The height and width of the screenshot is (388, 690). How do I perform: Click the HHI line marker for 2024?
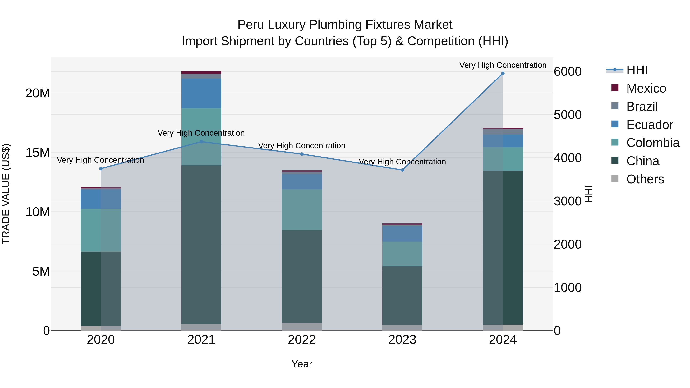point(503,73)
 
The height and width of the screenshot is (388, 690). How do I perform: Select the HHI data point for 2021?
point(201,142)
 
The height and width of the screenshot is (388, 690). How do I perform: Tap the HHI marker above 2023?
point(402,170)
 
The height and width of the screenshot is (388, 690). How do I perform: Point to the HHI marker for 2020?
point(101,169)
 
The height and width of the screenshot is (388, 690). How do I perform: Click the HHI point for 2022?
point(302,154)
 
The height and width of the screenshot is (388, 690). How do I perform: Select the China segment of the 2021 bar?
point(201,244)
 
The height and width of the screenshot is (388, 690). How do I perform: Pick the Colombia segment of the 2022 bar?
point(302,210)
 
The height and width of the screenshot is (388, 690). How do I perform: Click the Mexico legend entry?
point(646,88)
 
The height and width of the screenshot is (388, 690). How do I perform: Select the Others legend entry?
point(645,179)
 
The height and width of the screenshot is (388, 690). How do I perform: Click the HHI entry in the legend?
point(637,70)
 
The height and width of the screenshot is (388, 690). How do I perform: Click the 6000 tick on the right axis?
point(568,72)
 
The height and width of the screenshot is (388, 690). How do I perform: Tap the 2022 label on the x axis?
point(302,340)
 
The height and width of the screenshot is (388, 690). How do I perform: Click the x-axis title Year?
point(302,364)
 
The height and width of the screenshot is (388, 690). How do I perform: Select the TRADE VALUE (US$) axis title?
point(6,194)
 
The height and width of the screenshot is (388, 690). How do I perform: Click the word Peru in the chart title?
point(251,25)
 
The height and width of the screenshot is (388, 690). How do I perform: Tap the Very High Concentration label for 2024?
point(503,65)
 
